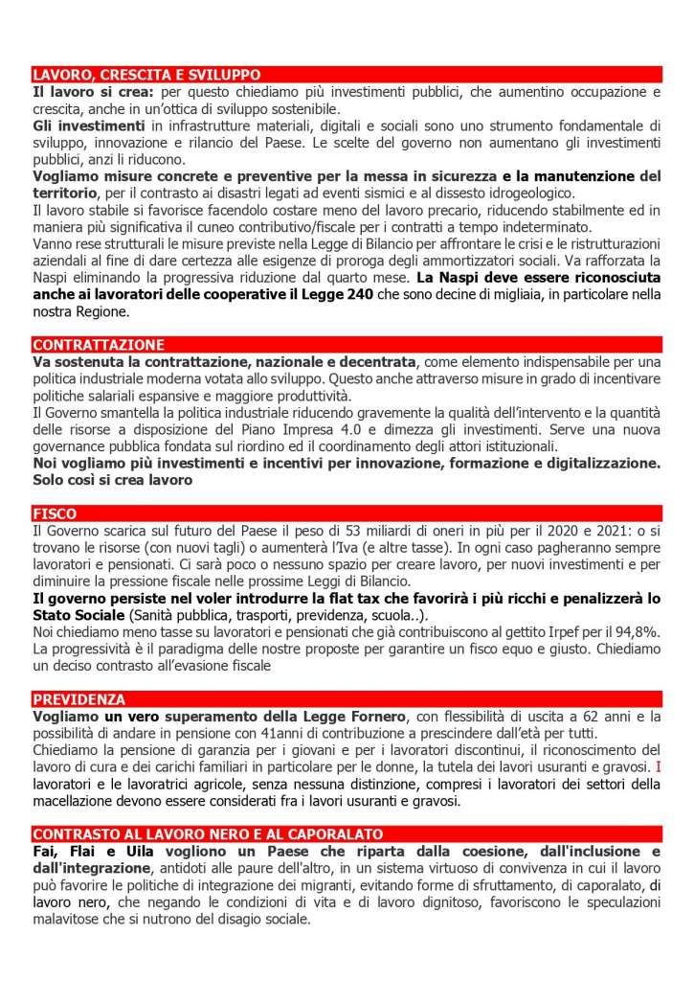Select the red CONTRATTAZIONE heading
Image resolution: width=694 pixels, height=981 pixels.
[98, 344]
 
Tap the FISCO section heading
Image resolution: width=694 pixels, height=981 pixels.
[55, 513]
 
